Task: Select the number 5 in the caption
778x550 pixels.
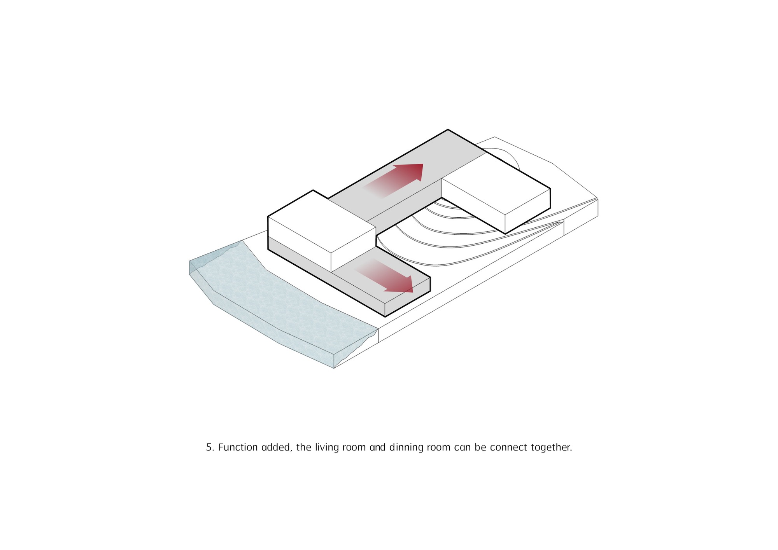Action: click(x=210, y=447)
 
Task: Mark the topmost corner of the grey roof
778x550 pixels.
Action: click(x=448, y=129)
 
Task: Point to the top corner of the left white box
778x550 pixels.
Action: click(x=313, y=190)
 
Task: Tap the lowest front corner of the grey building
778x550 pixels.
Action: click(x=385, y=317)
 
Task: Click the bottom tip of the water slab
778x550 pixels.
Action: click(x=334, y=368)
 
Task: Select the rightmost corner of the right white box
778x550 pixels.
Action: click(x=550, y=189)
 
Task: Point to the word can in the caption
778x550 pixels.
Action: click(x=463, y=448)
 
